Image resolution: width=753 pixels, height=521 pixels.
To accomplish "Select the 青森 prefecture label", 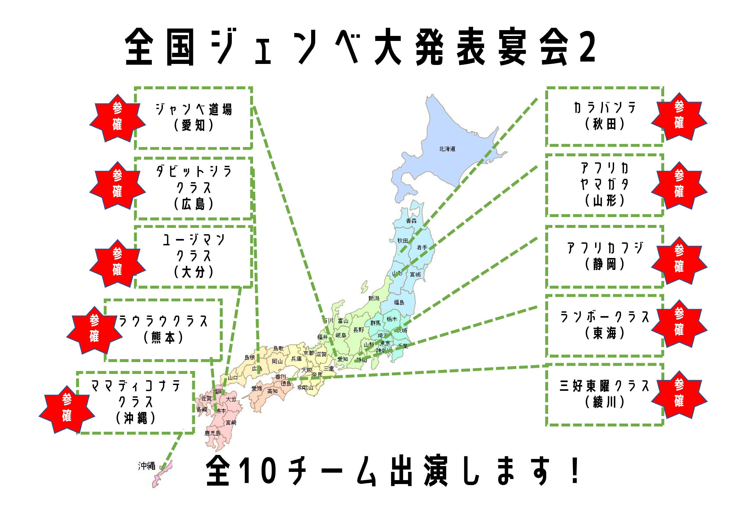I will pos(411,221).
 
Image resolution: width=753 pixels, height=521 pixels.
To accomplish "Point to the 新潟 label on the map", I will pos(374,298).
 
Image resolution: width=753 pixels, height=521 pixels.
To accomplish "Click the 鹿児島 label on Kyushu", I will pos(213,433).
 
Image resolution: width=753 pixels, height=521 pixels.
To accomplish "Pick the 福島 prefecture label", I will pos(399,302).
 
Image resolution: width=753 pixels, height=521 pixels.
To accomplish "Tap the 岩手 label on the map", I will pos(422,247).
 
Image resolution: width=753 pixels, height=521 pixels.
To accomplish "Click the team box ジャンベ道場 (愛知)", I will pos(194,118).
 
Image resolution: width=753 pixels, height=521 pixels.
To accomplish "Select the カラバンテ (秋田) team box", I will pos(605,116).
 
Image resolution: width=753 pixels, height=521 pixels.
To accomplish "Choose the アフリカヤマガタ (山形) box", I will pos(605,185).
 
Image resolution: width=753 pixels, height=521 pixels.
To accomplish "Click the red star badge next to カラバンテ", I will pos(679,116).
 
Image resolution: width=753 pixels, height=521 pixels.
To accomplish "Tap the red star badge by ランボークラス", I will pos(679,323).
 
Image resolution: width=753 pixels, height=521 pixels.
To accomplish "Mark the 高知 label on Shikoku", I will pos(272,391).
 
